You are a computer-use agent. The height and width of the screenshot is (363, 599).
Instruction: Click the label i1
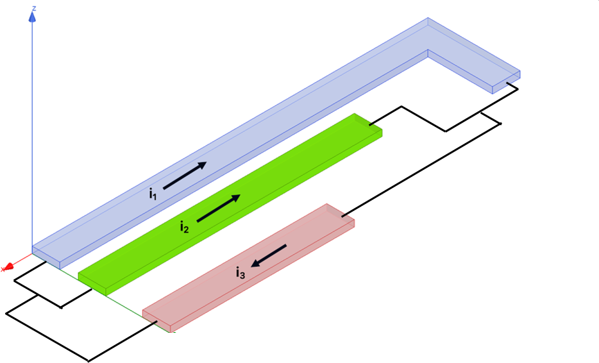pos(153,192)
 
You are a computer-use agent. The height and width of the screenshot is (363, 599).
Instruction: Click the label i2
pos(184,226)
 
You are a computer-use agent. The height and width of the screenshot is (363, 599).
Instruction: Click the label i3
pos(240,273)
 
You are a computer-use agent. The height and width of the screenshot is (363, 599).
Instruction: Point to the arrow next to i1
pos(185,176)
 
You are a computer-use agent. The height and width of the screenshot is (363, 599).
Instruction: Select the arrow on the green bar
pos(219,208)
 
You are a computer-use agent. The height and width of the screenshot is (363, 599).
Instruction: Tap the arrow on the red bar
pos(269,255)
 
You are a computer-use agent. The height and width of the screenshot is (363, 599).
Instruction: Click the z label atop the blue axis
pos(33,8)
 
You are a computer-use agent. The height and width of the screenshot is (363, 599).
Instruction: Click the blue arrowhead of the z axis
pos(32,17)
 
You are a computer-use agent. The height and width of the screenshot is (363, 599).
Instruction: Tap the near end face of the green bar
pos(92,284)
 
